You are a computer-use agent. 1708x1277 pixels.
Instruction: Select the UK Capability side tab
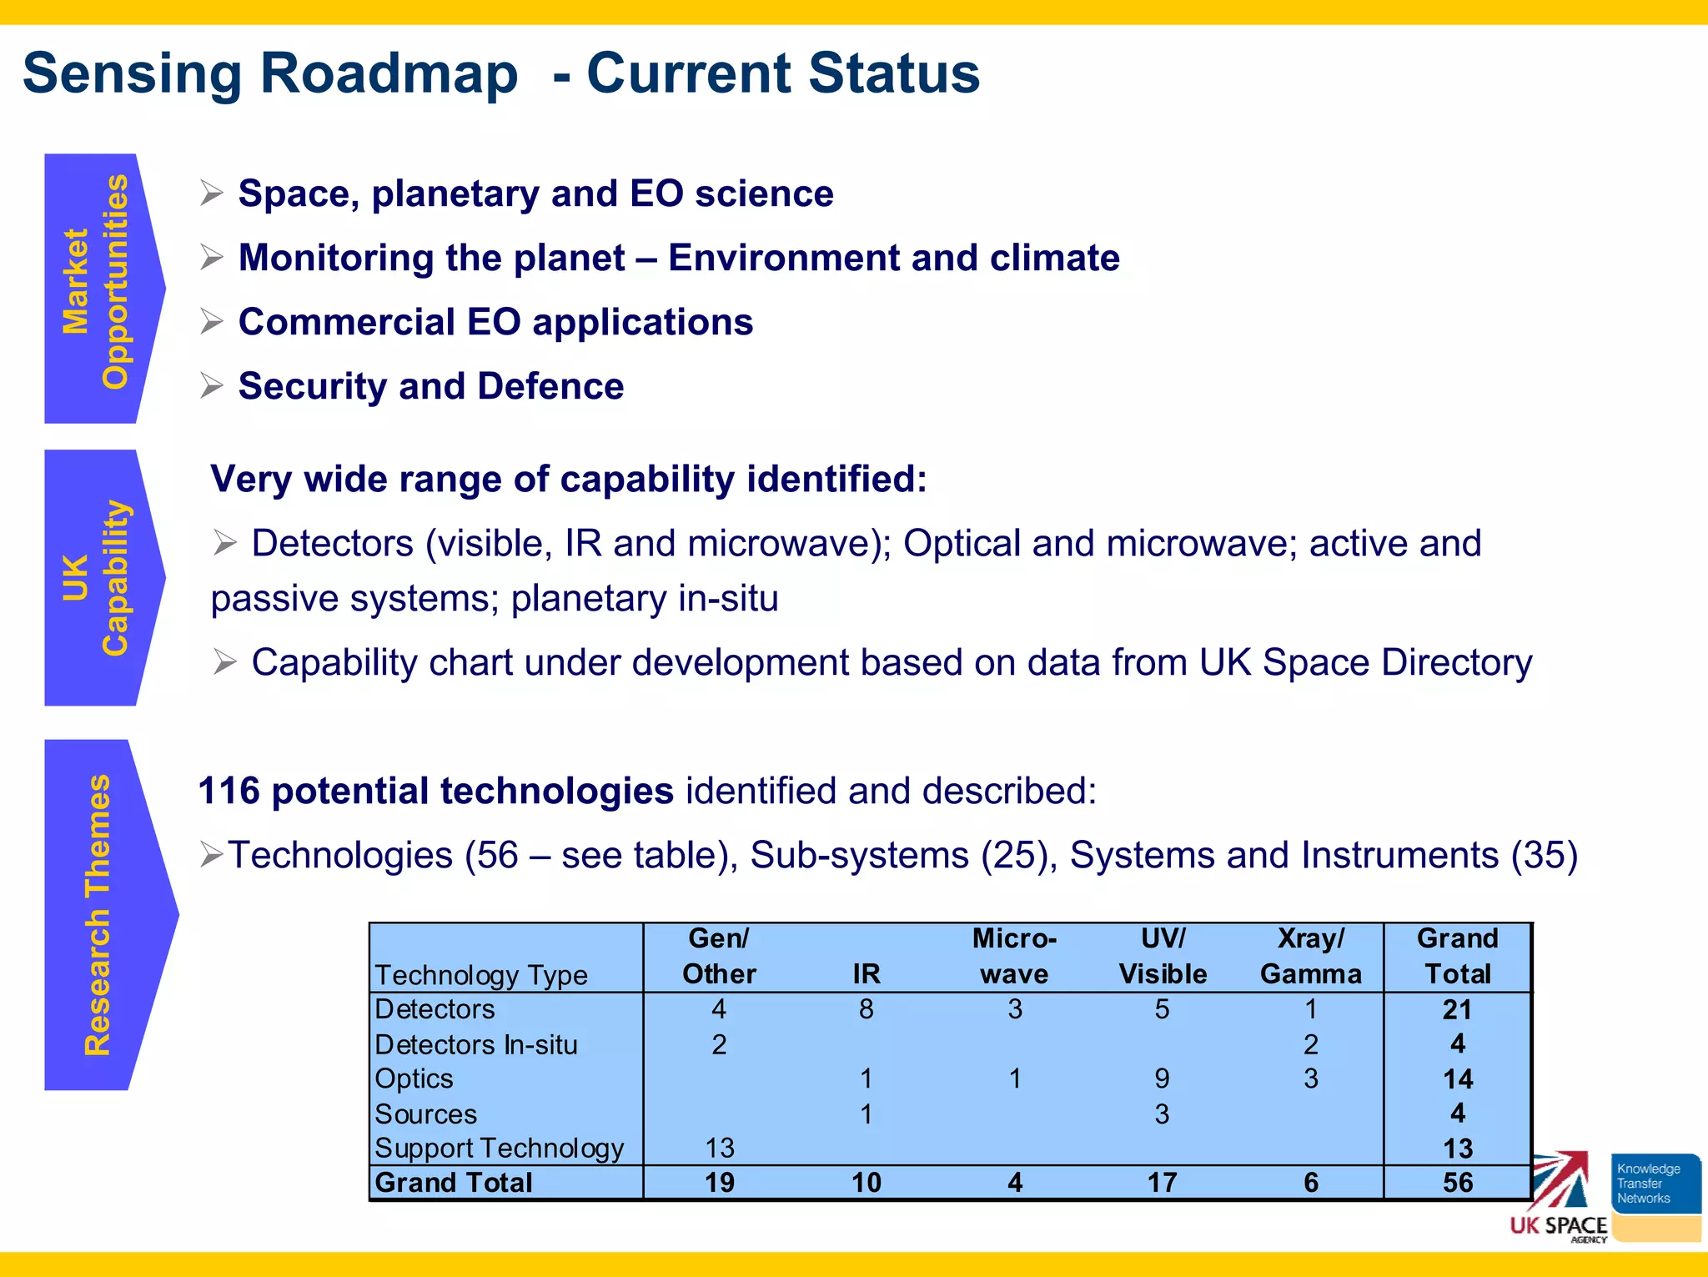tap(96, 577)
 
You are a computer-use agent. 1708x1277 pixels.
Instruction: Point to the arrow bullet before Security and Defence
tap(212, 386)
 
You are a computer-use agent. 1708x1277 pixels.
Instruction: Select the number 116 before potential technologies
tap(229, 791)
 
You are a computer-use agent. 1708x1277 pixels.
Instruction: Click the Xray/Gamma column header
tap(1310, 956)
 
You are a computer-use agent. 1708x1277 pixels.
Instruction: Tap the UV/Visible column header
tap(1163, 956)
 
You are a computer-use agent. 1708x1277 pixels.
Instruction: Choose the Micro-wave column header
tap(1014, 956)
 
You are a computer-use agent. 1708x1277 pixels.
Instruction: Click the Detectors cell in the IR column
tap(867, 1009)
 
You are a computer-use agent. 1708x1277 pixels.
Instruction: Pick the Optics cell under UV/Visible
tap(1162, 1078)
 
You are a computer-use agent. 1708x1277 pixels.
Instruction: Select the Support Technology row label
tap(499, 1149)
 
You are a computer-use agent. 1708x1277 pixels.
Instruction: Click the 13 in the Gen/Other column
tap(720, 1149)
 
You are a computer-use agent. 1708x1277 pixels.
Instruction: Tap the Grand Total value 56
tap(1458, 1183)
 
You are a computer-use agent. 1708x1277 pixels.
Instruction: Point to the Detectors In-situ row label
tap(475, 1044)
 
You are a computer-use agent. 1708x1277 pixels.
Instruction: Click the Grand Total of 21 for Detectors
tap(1458, 1009)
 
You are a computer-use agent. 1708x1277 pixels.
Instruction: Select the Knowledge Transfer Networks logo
tap(1655, 1184)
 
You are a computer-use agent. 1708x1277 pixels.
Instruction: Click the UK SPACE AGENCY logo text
tap(1558, 1226)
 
